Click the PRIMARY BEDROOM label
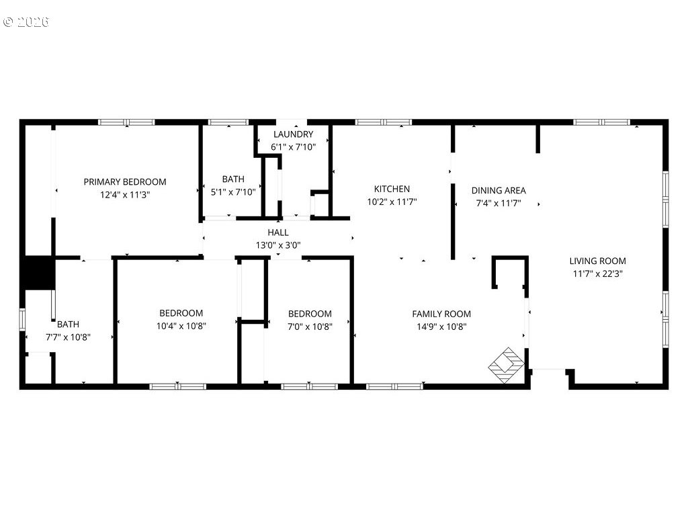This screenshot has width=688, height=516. pos(125,181)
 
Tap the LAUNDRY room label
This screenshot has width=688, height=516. pos(293,134)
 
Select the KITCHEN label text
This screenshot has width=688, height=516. pos(392,189)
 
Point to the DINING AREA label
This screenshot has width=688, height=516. pos(499,190)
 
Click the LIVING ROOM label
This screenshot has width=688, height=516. pos(597,261)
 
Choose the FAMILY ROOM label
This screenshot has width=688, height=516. pos(441,314)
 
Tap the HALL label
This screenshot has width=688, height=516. pos(278,232)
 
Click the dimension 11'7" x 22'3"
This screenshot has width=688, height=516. pos(597,274)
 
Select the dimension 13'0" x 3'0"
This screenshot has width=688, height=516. pos(278,245)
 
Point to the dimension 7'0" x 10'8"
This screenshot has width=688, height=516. pos(310,327)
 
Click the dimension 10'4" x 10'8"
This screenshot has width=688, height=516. pos(181,326)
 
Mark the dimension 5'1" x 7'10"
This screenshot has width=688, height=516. pos(233,192)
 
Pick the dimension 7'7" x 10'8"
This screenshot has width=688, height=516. pos(68,337)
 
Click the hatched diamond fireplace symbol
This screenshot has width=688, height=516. pos(507,365)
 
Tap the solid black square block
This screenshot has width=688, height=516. pos(38,273)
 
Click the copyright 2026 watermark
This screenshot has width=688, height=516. pos(26,21)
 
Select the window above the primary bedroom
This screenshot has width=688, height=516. pos(126,122)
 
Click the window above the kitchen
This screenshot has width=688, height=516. pos(384,122)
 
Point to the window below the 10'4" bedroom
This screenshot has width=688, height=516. pos(177,386)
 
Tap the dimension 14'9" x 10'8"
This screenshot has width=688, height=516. pos(441,327)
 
